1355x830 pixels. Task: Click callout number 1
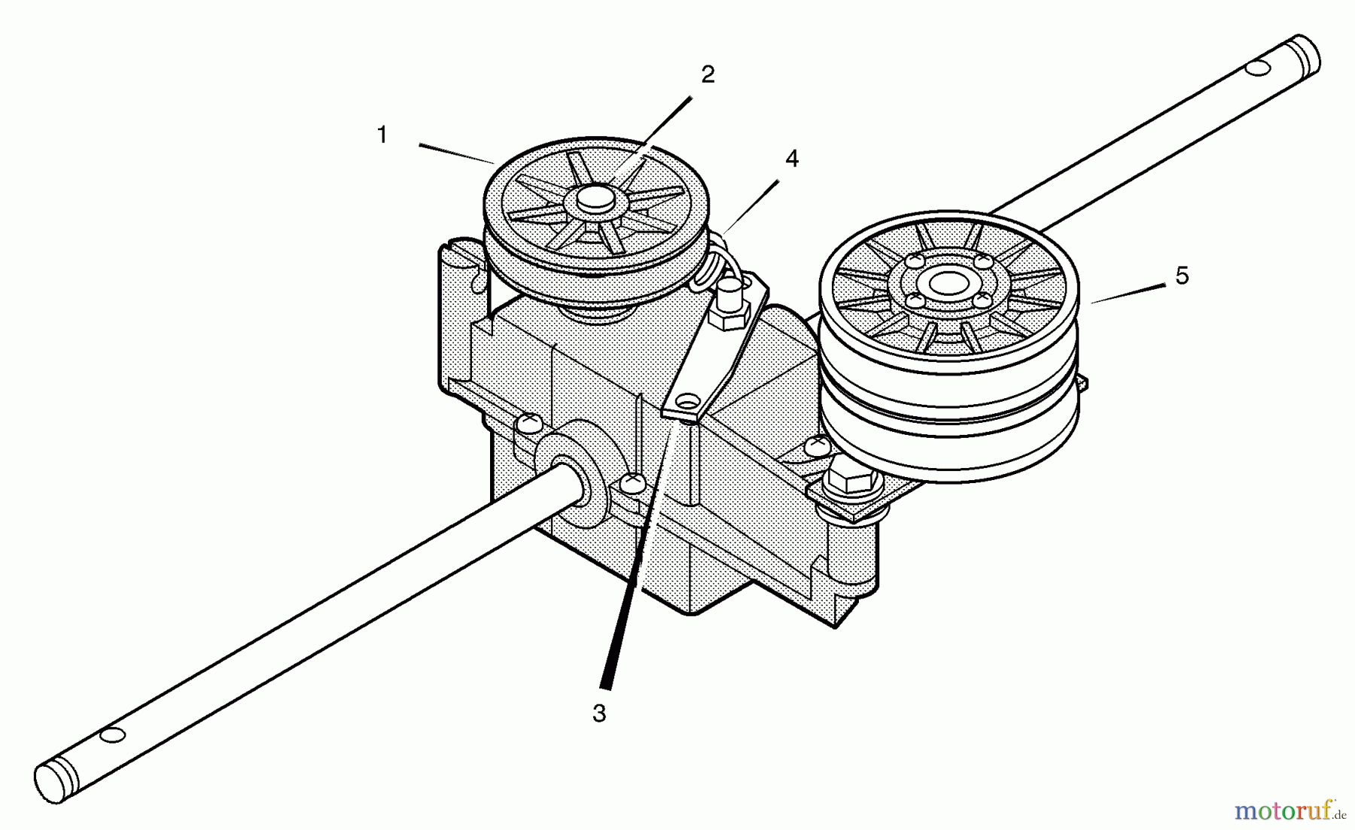(x=382, y=135)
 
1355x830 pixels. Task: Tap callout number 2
(x=708, y=74)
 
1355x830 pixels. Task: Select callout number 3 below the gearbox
(x=599, y=713)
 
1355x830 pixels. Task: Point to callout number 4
(x=791, y=159)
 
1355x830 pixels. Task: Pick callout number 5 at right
(x=1182, y=276)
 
